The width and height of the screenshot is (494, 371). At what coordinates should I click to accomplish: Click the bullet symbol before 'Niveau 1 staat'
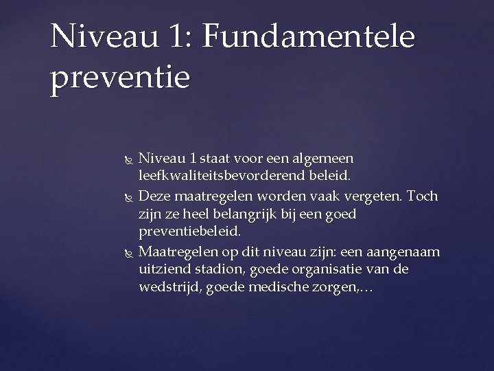(123, 160)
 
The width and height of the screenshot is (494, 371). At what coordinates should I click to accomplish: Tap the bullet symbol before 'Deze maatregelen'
(123, 196)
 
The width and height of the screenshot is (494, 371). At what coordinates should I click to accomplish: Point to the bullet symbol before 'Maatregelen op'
(123, 250)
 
